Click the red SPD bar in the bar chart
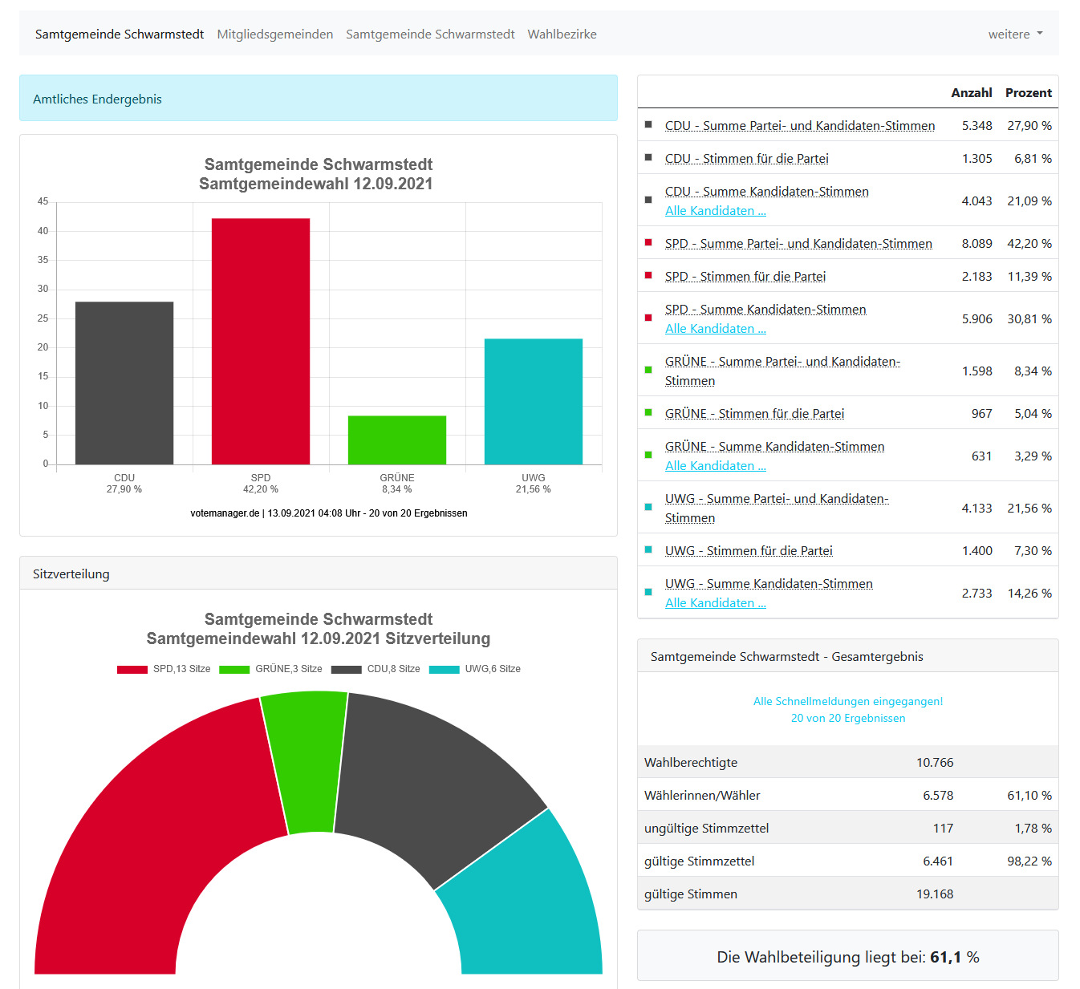(261, 341)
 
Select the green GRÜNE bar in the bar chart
(397, 440)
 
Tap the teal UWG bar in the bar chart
(534, 401)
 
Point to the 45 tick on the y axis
(43, 201)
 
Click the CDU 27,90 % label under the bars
(124, 484)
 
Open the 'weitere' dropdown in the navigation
(1015, 34)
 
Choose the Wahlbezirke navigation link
(562, 34)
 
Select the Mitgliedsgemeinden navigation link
(274, 34)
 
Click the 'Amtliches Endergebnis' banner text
(97, 99)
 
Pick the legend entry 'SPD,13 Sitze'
(164, 669)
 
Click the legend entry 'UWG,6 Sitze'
(475, 669)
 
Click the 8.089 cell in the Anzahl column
(976, 243)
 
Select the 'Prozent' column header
(1028, 92)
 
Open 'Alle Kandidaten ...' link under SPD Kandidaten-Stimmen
(715, 328)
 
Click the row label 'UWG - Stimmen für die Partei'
(749, 550)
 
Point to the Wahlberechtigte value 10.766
(935, 762)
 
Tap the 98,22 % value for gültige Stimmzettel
(1029, 861)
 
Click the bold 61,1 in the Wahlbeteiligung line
(945, 957)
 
